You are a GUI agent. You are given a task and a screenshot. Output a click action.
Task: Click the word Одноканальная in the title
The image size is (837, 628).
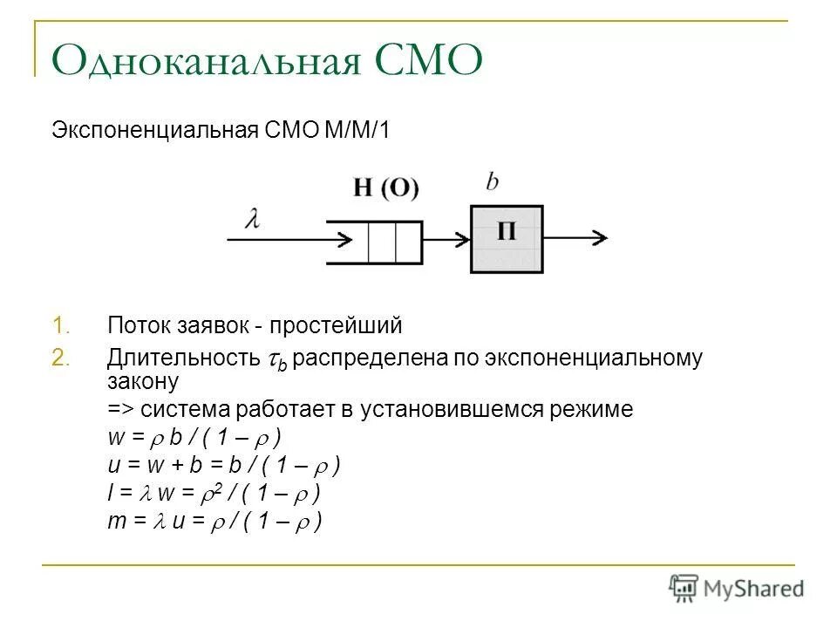click(x=201, y=63)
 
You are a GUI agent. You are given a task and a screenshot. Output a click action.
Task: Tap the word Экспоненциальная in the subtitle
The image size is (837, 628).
click(x=153, y=132)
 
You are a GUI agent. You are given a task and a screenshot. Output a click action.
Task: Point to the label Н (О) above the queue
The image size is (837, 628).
click(x=386, y=187)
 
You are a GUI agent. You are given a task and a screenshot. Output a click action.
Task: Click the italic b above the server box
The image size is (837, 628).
click(x=492, y=181)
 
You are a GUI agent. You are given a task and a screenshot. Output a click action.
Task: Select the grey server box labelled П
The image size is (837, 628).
click(x=506, y=239)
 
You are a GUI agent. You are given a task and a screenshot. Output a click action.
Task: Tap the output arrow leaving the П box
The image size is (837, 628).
click(x=575, y=237)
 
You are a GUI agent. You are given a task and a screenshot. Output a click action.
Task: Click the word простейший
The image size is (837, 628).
click(x=336, y=327)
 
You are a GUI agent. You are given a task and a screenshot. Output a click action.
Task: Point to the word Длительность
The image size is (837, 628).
click(x=182, y=359)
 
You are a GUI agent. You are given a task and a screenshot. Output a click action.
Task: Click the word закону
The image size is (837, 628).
click(x=143, y=381)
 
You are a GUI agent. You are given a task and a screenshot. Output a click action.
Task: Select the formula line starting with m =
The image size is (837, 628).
click(x=214, y=522)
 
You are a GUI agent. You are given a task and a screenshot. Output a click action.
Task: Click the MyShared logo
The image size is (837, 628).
click(x=737, y=587)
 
